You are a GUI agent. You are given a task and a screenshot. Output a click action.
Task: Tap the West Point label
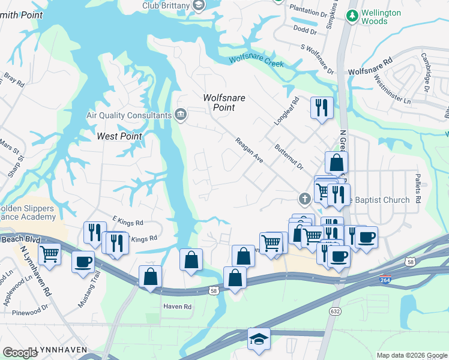pyautogui.click(x=119, y=136)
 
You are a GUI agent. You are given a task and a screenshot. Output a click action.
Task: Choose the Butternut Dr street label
pyautogui.click(x=288, y=155)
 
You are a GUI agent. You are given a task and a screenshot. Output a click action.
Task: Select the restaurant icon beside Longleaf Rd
pyautogui.click(x=322, y=108)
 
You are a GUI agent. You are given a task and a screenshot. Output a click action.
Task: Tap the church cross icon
pyautogui.click(x=305, y=198)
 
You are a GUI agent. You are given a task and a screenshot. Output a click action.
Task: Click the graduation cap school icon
pyautogui.click(x=259, y=338)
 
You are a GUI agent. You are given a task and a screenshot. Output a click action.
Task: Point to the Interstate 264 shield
pyautogui.click(x=385, y=280)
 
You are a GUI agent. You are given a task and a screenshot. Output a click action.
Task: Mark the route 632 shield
pyautogui.click(x=334, y=311)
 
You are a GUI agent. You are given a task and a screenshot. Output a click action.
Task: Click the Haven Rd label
pyautogui.click(x=177, y=307)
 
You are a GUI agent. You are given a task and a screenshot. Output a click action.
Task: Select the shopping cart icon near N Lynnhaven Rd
pyautogui.click(x=49, y=253)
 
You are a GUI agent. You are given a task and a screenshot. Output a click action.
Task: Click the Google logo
pyautogui.click(x=20, y=352)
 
